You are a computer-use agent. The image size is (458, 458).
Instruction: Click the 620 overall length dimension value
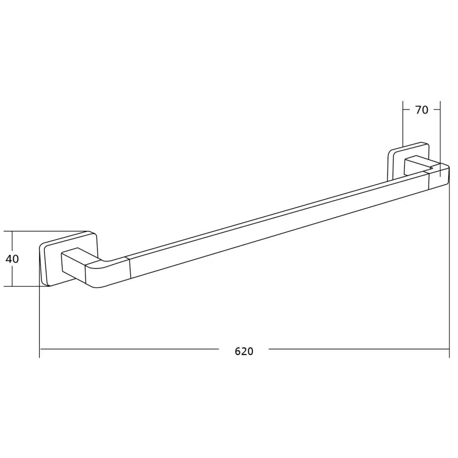[x=244, y=351]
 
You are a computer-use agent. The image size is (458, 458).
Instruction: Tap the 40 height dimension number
[x=12, y=259]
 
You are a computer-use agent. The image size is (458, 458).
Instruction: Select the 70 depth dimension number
[x=421, y=110]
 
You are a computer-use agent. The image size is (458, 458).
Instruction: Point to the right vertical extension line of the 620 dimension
[x=449, y=275]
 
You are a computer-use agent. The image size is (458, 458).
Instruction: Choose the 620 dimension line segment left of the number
[x=128, y=349]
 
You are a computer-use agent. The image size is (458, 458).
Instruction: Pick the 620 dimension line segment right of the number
[x=357, y=349]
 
